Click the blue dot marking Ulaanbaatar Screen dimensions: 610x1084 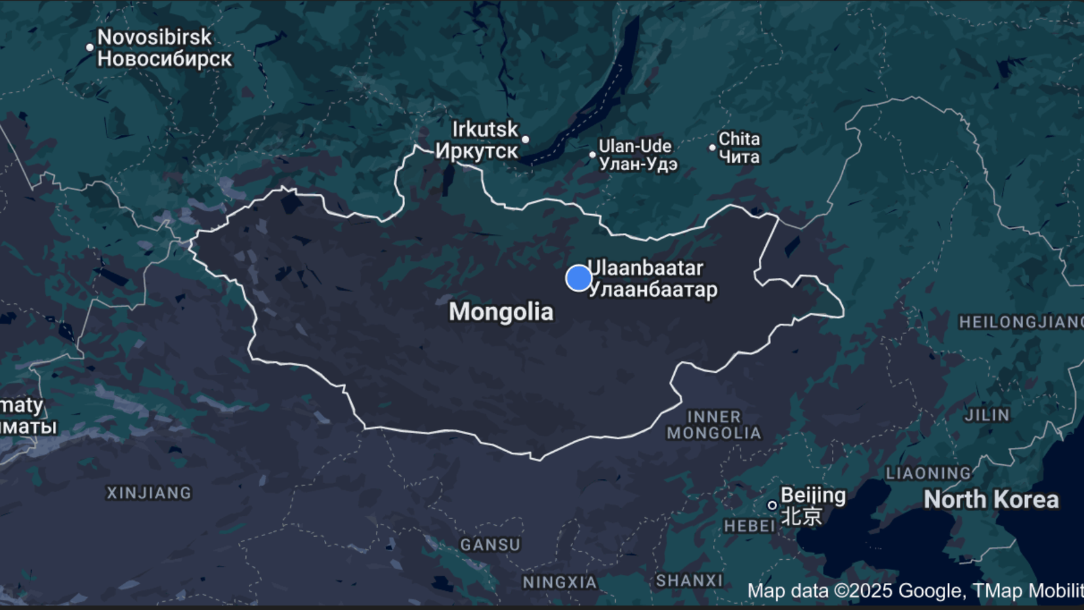point(579,278)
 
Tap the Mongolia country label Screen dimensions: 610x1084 point(501,312)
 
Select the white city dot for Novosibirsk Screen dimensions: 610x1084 point(89,47)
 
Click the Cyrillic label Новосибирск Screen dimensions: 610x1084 point(165,59)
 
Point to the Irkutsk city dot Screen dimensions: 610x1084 point(525,140)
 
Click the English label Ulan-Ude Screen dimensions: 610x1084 point(635,146)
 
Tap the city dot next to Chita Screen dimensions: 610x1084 point(712,147)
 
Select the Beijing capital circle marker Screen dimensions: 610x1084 point(772,505)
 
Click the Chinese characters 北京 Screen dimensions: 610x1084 point(801,516)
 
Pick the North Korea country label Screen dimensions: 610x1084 point(991,500)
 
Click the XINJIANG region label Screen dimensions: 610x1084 point(149,493)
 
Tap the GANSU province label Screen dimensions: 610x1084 point(490,544)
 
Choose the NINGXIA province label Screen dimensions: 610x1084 point(560,582)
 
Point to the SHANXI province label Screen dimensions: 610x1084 point(689,580)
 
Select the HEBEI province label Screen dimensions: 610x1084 point(749,526)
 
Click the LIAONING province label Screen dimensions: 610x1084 point(928,473)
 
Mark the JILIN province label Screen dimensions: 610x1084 point(987,415)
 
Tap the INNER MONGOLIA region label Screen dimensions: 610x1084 point(714,425)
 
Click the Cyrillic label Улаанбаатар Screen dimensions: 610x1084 point(652,290)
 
